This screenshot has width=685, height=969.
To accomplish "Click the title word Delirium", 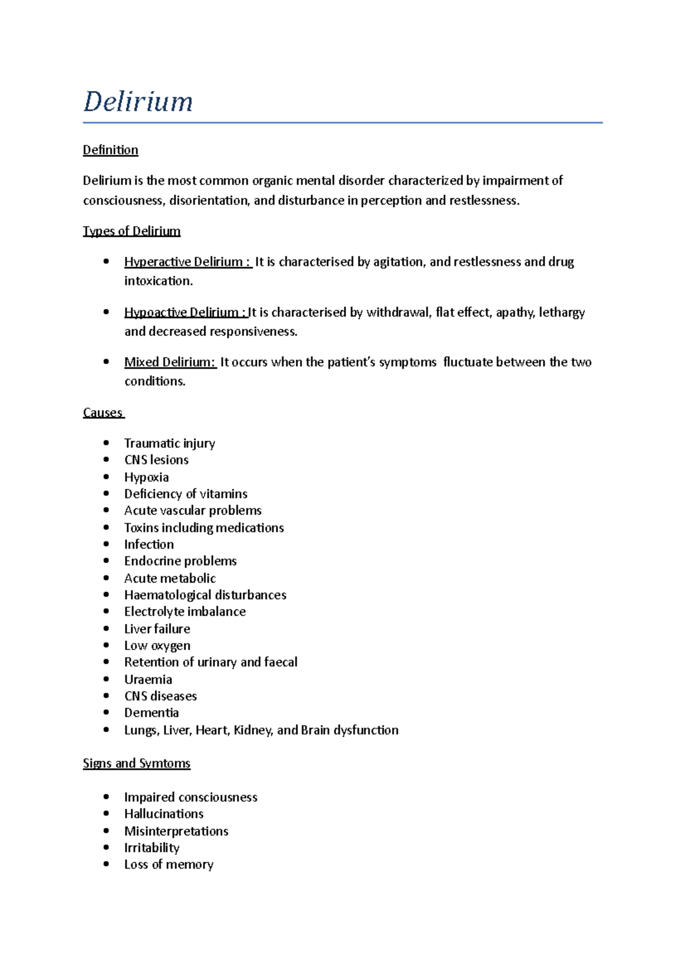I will click(x=138, y=102).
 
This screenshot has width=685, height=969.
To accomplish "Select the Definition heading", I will click(x=110, y=150).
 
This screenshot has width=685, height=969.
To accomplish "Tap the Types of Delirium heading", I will click(x=131, y=231).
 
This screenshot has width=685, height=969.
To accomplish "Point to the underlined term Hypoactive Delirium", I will click(x=184, y=313).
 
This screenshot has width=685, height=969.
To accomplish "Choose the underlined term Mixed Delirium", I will click(x=170, y=362).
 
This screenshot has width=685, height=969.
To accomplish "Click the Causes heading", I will click(x=103, y=413).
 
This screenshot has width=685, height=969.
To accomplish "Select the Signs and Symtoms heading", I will click(x=136, y=764).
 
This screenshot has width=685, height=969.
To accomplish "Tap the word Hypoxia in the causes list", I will click(x=147, y=477).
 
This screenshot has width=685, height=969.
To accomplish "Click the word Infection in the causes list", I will click(x=149, y=544).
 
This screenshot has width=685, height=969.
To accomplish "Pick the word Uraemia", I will click(x=148, y=680).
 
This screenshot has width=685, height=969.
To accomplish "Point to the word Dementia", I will click(x=151, y=713).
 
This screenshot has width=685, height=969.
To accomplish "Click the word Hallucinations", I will click(x=164, y=814).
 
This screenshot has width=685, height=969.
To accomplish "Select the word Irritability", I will click(x=152, y=848).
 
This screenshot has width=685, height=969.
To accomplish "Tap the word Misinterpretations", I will click(x=176, y=831).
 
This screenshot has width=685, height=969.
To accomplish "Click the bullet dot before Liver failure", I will click(x=106, y=628).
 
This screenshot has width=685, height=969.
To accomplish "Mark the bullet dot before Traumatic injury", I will click(x=106, y=443).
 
